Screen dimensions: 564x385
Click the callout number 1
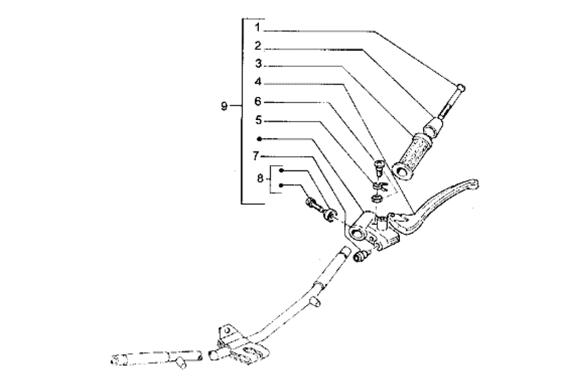257,27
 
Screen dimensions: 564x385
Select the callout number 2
258,46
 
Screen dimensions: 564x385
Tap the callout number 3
258,64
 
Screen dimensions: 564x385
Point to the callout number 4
258,82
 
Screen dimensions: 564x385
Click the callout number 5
258,120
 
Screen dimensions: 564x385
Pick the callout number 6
258,101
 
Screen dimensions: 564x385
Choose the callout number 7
255,156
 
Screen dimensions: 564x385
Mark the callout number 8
261,178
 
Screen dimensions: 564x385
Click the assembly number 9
224,106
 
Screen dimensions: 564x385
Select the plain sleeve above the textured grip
433,128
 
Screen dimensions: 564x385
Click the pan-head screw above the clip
379,167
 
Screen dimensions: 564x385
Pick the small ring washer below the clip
376,199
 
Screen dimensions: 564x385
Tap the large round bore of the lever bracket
356,233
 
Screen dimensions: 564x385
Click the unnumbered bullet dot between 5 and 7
259,139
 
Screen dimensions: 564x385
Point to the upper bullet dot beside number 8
281,170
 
